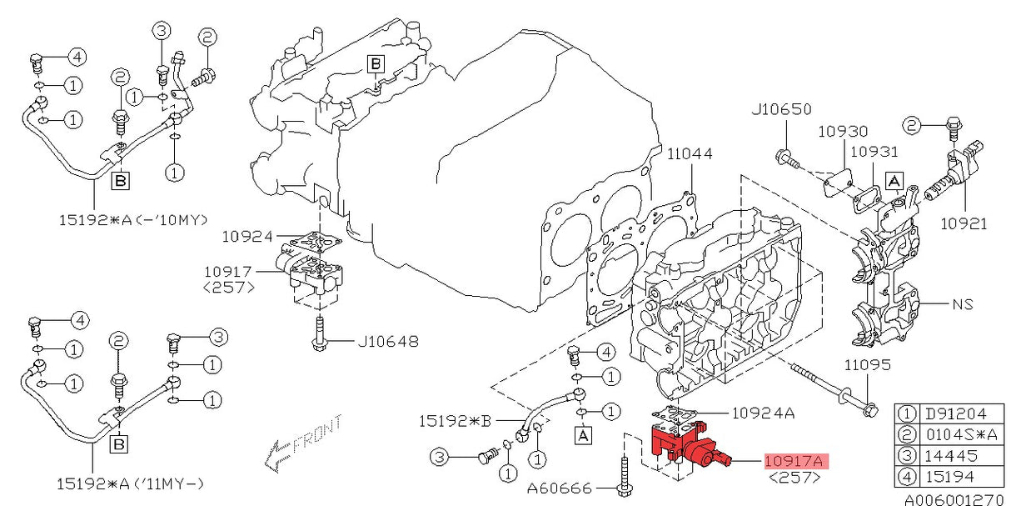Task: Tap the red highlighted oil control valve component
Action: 687,445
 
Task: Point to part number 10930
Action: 842,131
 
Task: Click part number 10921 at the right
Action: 964,223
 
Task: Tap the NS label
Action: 963,304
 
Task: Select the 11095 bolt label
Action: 867,365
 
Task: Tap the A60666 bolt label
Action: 557,487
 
